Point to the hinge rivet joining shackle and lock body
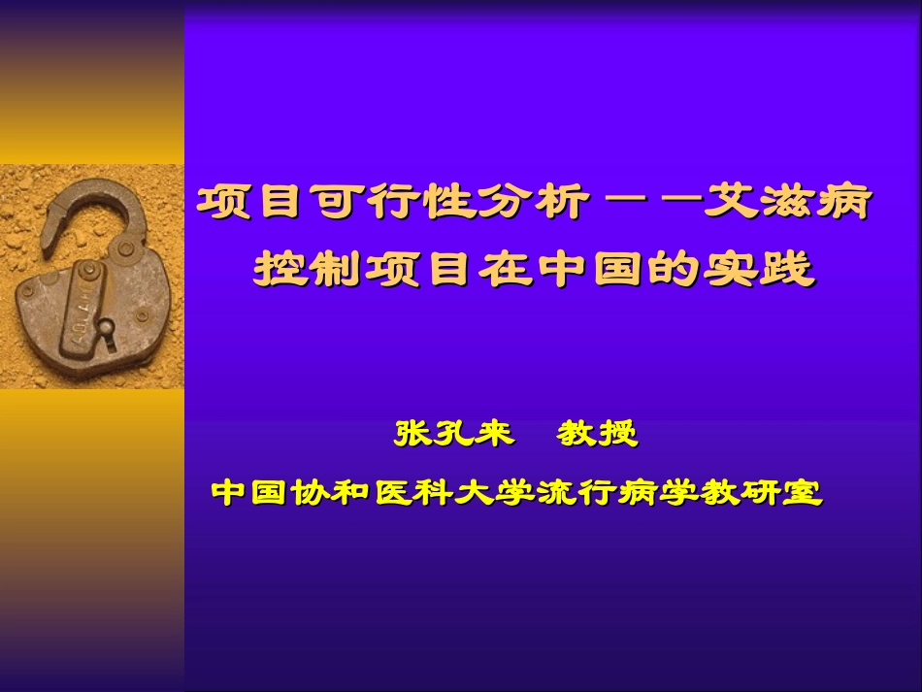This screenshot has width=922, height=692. click(125, 250)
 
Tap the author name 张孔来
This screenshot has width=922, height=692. click(453, 433)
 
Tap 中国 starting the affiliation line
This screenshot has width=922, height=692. click(242, 492)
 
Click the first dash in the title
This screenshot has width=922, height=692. click(622, 205)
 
